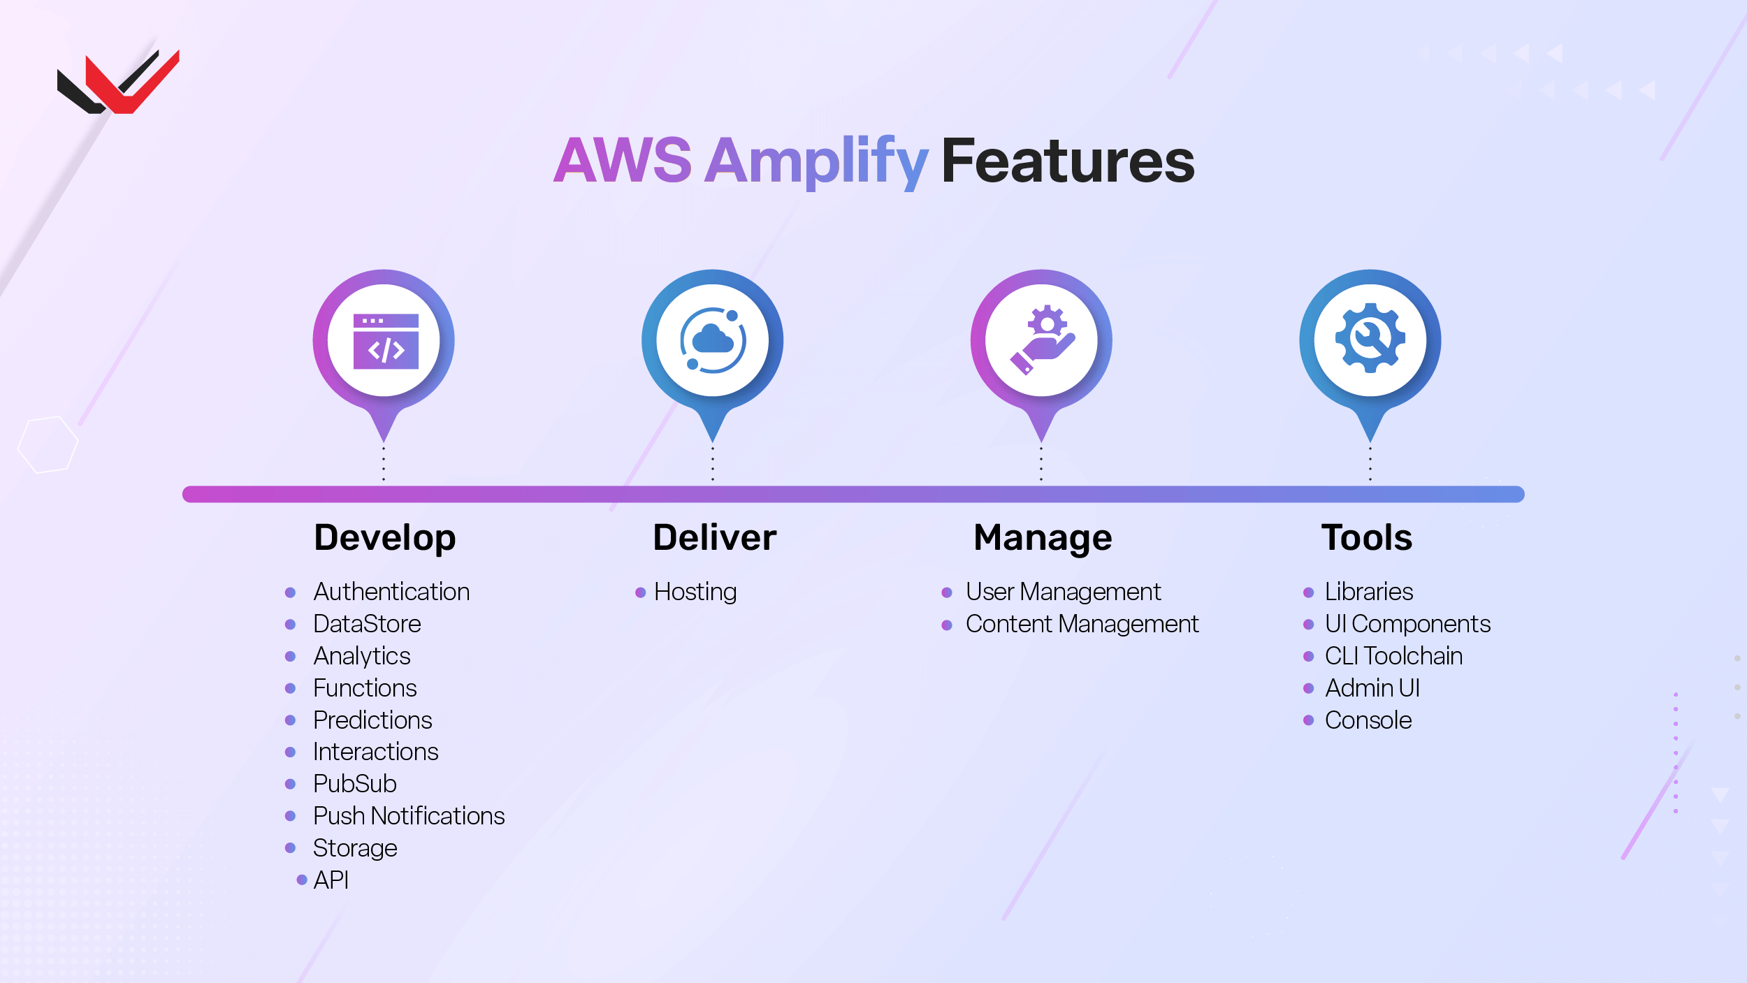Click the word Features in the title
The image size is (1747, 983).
click(x=1068, y=161)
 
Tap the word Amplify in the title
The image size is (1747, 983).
click(x=815, y=161)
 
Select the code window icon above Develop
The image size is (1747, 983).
click(x=385, y=342)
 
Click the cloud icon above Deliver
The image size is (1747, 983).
click(x=713, y=340)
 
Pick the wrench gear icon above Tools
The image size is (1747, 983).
click(x=1370, y=339)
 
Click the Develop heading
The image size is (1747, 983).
click(x=385, y=538)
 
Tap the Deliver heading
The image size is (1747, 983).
click(x=714, y=538)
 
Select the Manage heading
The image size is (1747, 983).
click(x=1043, y=538)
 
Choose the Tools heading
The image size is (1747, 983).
click(x=1367, y=538)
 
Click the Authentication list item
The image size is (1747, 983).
click(x=391, y=592)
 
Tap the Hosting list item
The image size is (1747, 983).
click(x=695, y=592)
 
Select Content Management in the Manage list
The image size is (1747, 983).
click(x=1082, y=624)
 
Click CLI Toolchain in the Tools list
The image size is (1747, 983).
click(x=1393, y=656)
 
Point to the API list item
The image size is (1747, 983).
click(x=331, y=880)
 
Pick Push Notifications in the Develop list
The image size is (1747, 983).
click(x=409, y=815)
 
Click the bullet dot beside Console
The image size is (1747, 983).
click(x=1309, y=720)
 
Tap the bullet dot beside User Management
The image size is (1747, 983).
click(x=947, y=592)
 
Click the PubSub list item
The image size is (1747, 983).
click(x=354, y=783)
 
